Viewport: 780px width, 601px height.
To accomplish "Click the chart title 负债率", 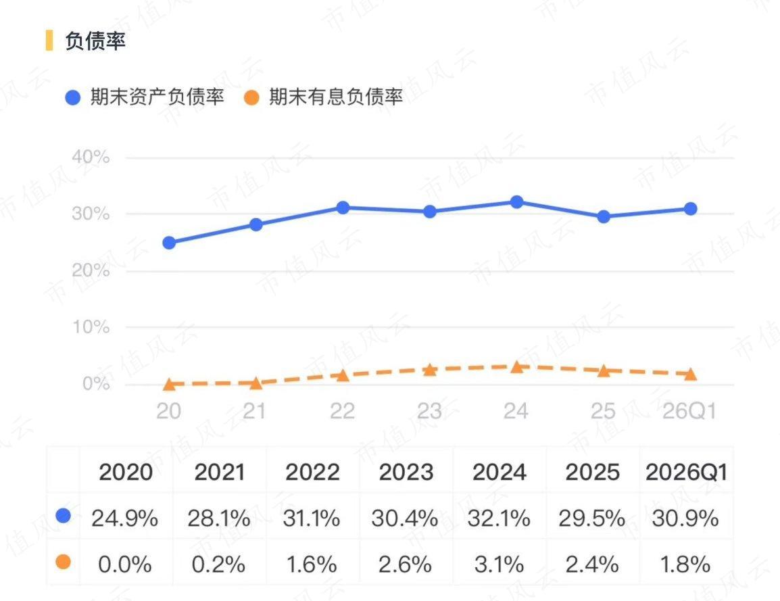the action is (95, 41).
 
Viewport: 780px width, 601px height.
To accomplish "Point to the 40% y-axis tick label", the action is (91, 158).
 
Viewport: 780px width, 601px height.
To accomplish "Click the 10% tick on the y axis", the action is (91, 327).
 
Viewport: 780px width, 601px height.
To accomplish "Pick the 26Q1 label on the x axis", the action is (689, 412).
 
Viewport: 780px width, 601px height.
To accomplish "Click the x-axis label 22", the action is (342, 412).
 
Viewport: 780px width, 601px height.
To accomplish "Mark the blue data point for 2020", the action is (169, 243).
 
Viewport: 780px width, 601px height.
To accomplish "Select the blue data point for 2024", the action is (517, 202).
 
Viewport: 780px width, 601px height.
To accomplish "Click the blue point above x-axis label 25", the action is (604, 217).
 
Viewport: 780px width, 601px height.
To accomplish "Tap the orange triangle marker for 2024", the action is (517, 368).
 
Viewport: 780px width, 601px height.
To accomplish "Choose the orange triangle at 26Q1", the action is (691, 375).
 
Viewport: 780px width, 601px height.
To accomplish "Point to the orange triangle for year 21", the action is (255, 383).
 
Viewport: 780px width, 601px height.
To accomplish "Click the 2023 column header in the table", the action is (406, 472).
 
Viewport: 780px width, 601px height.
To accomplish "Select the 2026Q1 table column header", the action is (687, 472).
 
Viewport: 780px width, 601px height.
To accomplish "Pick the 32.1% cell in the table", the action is (499, 519).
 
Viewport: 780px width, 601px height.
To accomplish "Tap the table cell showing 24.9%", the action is (125, 519).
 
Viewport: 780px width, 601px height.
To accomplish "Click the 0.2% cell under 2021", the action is (218, 565).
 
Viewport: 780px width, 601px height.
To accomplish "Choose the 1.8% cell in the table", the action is (685, 565).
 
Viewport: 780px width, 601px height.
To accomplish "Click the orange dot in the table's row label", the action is (63, 562).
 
